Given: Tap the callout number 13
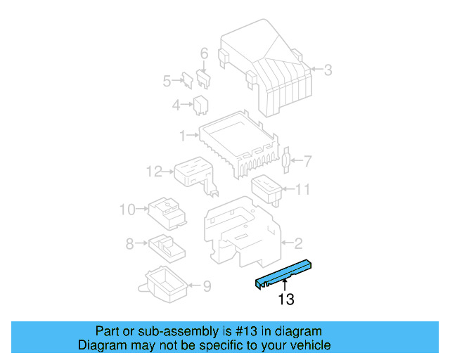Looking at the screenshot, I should (x=285, y=300).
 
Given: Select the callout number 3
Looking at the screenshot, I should (x=328, y=69).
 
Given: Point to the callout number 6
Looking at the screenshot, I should (x=204, y=53).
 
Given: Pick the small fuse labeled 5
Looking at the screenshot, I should (x=188, y=79).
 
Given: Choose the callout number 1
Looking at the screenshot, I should (x=181, y=134).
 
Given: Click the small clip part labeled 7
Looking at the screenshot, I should (x=285, y=162).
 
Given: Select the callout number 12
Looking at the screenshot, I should (x=154, y=171).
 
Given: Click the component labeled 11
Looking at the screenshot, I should (x=266, y=189).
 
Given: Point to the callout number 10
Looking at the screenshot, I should (x=127, y=209).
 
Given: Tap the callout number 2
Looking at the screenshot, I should (x=298, y=244).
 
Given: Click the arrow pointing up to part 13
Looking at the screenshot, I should (x=285, y=285).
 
